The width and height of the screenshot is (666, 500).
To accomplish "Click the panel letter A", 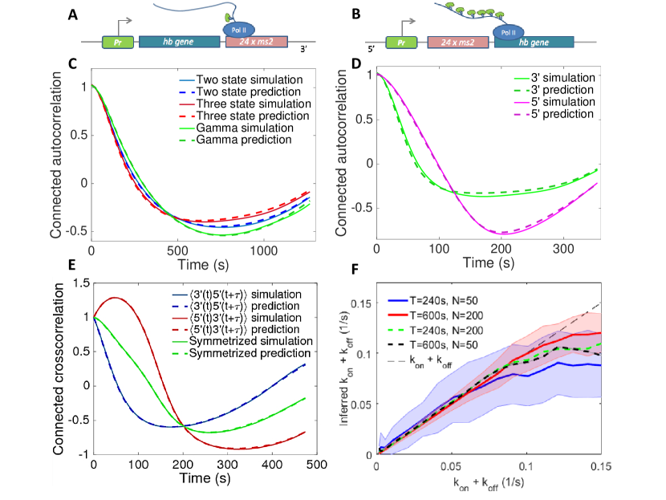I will coord(72,14).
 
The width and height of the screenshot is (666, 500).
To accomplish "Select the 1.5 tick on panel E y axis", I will coord(82,283).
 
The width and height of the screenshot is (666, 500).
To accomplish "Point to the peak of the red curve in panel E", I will coord(117,299).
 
